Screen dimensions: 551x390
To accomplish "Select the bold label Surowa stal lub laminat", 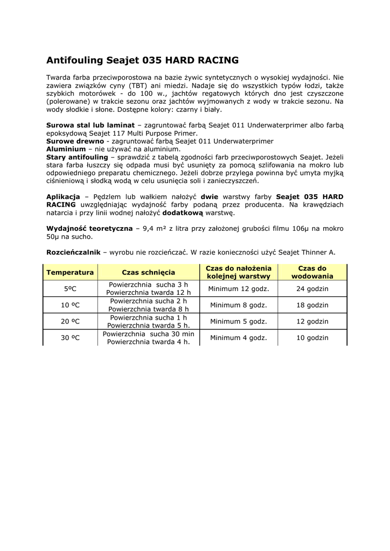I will pos(90,125).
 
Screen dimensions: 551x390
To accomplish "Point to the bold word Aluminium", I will pos(66,149).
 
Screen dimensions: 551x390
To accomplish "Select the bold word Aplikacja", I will pos(63,197).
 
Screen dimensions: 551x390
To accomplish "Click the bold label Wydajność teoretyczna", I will pos(89,229).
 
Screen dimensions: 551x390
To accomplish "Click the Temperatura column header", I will pos(70,272).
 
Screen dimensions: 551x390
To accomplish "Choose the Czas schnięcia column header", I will pos(148,272).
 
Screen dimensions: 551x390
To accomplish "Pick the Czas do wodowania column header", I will pos(312,272).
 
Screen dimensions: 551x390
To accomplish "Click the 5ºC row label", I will pos(70,289).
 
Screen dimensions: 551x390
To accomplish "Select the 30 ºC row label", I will pos(70,338).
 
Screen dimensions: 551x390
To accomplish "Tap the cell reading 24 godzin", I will pos(312,289).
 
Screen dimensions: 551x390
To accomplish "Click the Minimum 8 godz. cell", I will pos(239,305).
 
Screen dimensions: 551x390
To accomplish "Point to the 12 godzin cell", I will pos(312,322).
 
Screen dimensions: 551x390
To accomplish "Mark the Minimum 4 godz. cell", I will pos(239,338).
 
